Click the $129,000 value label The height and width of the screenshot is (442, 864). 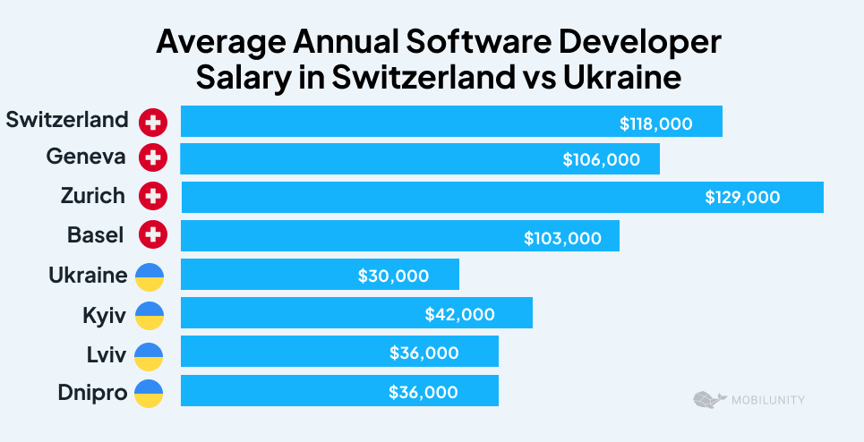tap(742, 197)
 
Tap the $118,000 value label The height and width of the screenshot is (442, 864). tap(655, 123)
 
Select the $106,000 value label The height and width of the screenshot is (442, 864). tap(601, 160)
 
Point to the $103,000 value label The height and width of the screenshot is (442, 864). tap(562, 238)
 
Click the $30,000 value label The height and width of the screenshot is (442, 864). tap(393, 276)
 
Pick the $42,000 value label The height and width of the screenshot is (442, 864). tap(459, 314)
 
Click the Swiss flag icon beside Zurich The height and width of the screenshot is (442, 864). tap(153, 196)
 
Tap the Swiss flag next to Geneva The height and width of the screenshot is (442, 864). tap(153, 158)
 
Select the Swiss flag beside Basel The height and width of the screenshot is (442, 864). tap(153, 235)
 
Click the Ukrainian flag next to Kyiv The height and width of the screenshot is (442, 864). tap(149, 315)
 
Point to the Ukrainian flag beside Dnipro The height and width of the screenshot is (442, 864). tap(149, 392)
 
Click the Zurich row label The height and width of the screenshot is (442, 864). tap(93, 196)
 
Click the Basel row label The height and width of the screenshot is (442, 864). tap(96, 235)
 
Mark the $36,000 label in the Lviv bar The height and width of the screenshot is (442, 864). tap(423, 353)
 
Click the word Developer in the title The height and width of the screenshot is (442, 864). tap(621, 43)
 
